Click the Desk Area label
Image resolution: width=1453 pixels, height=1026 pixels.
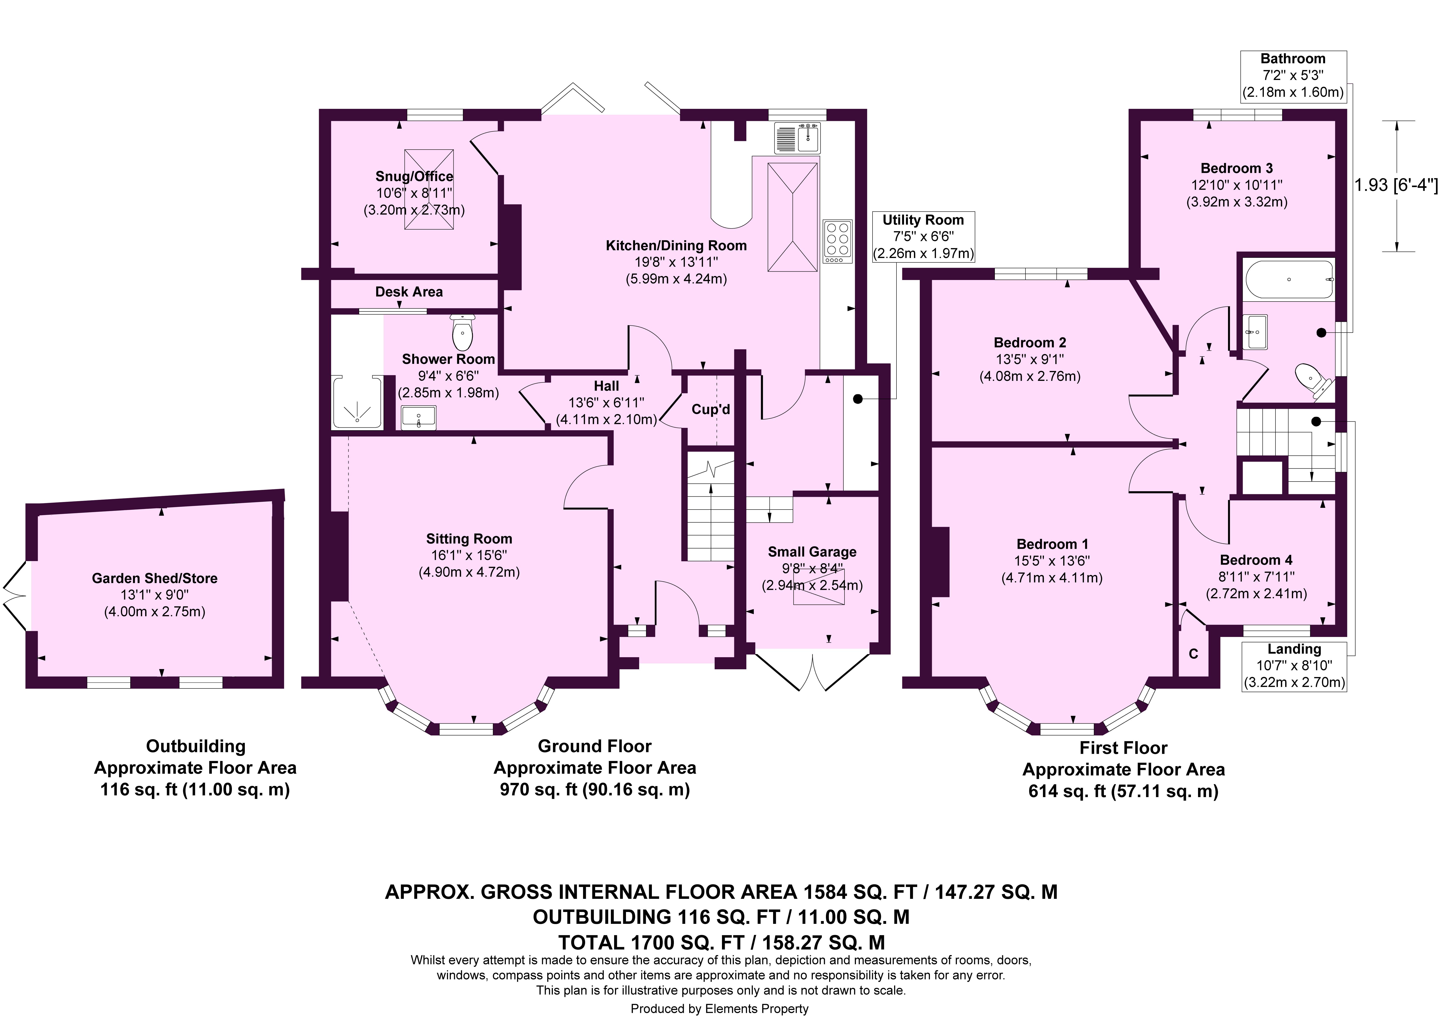[x=409, y=292]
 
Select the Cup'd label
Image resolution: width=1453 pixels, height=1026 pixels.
[x=711, y=409]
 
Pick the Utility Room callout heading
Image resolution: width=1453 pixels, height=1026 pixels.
[x=923, y=220]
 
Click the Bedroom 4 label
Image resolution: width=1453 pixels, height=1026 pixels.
[x=1256, y=560]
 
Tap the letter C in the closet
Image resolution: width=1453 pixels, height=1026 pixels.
[x=1194, y=654]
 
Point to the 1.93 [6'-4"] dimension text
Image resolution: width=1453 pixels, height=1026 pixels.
[x=1396, y=186]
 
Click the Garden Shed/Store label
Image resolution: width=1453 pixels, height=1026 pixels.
[x=154, y=578]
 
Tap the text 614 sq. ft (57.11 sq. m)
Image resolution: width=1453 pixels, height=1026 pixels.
[x=1123, y=791]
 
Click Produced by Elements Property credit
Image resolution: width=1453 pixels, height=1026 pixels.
[x=720, y=1009]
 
